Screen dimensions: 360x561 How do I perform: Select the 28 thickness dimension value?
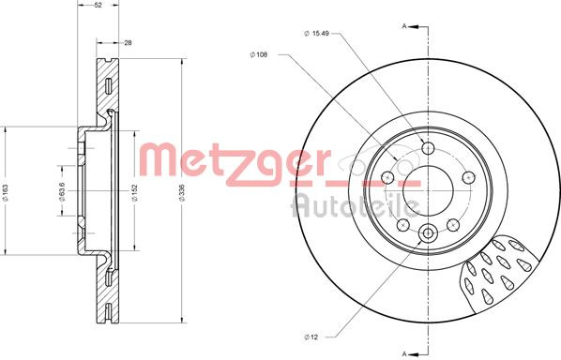pyautogui.click(x=128, y=42)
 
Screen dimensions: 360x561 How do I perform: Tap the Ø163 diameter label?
pyautogui.click(x=7, y=193)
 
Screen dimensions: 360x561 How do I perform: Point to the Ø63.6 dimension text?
pyautogui.click(x=62, y=192)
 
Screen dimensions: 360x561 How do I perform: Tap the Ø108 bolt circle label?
pyautogui.click(x=259, y=55)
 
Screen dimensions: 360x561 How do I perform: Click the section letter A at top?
pyautogui.click(x=404, y=26)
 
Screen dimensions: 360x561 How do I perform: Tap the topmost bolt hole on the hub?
pyautogui.click(x=428, y=148)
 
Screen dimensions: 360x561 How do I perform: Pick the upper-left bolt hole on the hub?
pyautogui.click(x=388, y=176)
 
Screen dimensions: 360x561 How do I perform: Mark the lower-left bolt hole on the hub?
pyautogui.click(x=403, y=224)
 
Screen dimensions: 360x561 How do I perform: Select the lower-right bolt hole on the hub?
pyautogui.click(x=452, y=224)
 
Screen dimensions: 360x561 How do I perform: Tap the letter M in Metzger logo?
pyautogui.click(x=152, y=158)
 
